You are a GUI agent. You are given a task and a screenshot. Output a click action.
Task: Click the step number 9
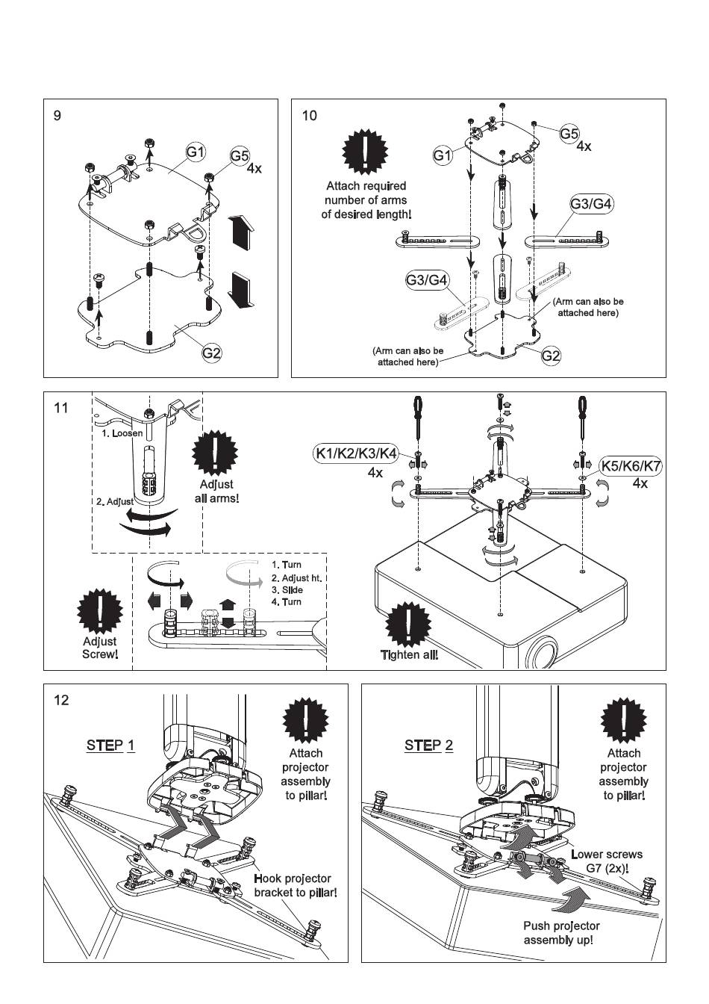click(x=57, y=116)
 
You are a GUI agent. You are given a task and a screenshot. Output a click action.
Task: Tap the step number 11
click(x=61, y=408)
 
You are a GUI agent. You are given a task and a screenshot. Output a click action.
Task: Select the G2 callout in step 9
click(x=212, y=353)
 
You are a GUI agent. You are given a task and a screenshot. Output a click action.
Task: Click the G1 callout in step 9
click(x=196, y=152)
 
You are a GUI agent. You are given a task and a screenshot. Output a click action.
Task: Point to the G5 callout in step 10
click(x=569, y=134)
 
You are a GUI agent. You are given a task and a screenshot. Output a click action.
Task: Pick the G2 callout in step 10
click(x=551, y=356)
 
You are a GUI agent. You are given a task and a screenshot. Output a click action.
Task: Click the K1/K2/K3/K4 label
click(x=355, y=453)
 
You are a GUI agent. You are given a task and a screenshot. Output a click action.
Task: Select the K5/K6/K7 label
click(x=631, y=467)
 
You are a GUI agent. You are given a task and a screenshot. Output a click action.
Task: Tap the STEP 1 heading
click(x=110, y=746)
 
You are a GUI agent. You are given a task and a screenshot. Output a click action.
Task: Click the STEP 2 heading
click(x=428, y=746)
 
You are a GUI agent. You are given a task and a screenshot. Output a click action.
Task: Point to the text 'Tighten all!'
click(x=409, y=655)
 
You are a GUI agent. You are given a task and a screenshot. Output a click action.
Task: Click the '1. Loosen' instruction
click(x=122, y=433)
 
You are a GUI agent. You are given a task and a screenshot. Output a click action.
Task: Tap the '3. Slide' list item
click(x=287, y=590)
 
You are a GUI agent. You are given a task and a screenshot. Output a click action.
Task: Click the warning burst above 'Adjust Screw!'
click(x=99, y=610)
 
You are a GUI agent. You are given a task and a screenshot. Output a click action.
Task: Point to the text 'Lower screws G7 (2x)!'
click(x=607, y=861)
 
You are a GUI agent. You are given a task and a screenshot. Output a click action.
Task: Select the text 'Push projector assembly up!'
click(x=561, y=932)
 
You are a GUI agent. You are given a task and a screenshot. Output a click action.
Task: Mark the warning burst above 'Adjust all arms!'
click(x=215, y=453)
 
